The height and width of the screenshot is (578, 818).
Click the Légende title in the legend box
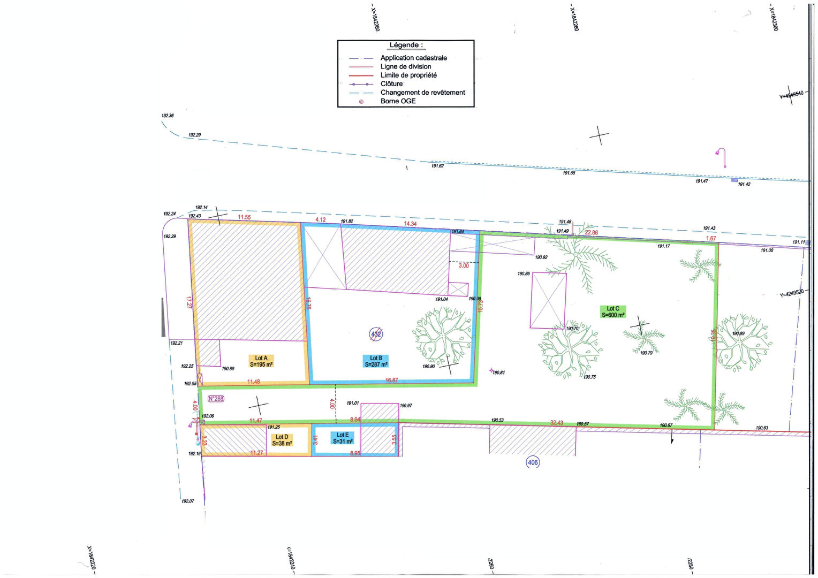[x=406, y=45]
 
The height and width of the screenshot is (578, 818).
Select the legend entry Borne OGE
[x=398, y=101]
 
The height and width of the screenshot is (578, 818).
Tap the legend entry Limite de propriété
[x=408, y=75]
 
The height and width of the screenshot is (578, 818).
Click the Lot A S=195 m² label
[x=261, y=361]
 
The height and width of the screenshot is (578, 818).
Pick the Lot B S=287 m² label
[x=376, y=361]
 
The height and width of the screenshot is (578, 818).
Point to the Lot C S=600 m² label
[x=613, y=312]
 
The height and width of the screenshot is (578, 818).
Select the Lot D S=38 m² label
[x=282, y=440]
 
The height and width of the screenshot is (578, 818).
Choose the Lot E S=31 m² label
[x=343, y=438]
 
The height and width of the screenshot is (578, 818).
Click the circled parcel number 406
[x=533, y=462]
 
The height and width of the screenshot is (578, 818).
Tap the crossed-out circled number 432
[x=376, y=334]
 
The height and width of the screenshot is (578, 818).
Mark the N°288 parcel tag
[x=216, y=399]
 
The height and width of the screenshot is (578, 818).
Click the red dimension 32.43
[x=557, y=423]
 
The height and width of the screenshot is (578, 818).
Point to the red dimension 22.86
[x=591, y=233]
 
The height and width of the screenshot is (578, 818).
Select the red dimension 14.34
[x=410, y=224]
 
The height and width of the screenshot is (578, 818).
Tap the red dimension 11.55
[x=244, y=217]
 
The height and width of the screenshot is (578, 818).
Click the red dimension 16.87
[x=392, y=381]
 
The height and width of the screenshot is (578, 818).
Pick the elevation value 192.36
[x=168, y=116]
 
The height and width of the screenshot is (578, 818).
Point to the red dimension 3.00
[x=464, y=266]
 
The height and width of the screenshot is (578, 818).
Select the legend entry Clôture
[x=391, y=84]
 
